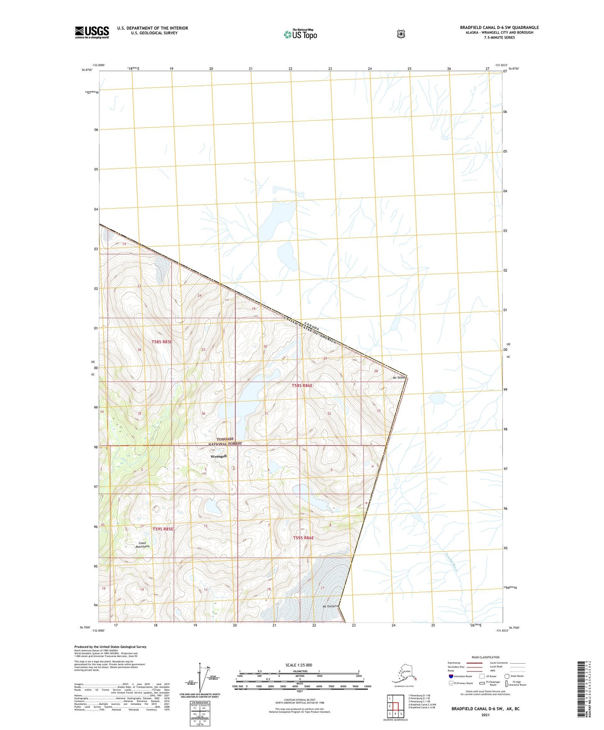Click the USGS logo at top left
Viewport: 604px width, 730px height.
92,32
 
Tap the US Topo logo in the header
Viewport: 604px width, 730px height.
300,34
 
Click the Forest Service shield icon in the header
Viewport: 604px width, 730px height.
401,34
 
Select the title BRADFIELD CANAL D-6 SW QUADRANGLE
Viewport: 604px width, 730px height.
499,28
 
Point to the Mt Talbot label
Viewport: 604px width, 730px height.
400,378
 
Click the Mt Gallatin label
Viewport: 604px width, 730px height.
330,606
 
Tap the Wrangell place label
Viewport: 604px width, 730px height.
218,456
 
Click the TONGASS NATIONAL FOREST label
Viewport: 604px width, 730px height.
225,442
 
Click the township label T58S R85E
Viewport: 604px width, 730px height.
162,342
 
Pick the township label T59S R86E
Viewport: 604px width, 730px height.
303,538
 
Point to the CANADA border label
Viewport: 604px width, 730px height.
311,327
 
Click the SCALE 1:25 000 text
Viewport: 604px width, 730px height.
298,665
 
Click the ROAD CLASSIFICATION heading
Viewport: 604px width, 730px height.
485,657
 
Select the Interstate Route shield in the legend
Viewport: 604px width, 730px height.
451,676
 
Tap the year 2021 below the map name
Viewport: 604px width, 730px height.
485,715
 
